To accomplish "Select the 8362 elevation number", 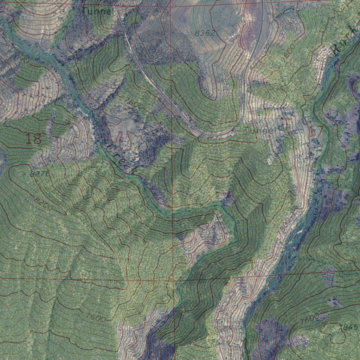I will (x=204, y=33).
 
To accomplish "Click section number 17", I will (x=316, y=131).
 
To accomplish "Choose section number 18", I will (x=34, y=139).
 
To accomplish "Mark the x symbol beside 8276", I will (x=24, y=173).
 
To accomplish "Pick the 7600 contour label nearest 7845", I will (x=310, y=319).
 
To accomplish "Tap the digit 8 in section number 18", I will (x=38, y=139).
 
